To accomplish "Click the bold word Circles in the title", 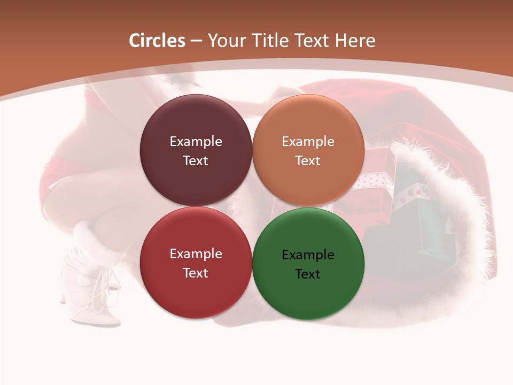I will coord(157,41).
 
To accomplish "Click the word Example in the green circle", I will coord(308,255).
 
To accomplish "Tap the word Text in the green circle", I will coord(308,274).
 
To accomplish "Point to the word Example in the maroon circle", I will coord(196,142).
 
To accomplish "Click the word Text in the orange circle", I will coord(308,161).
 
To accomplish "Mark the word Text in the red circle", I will coord(196,273).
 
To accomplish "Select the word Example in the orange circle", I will coord(308,142).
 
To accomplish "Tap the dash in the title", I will coord(196,41).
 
